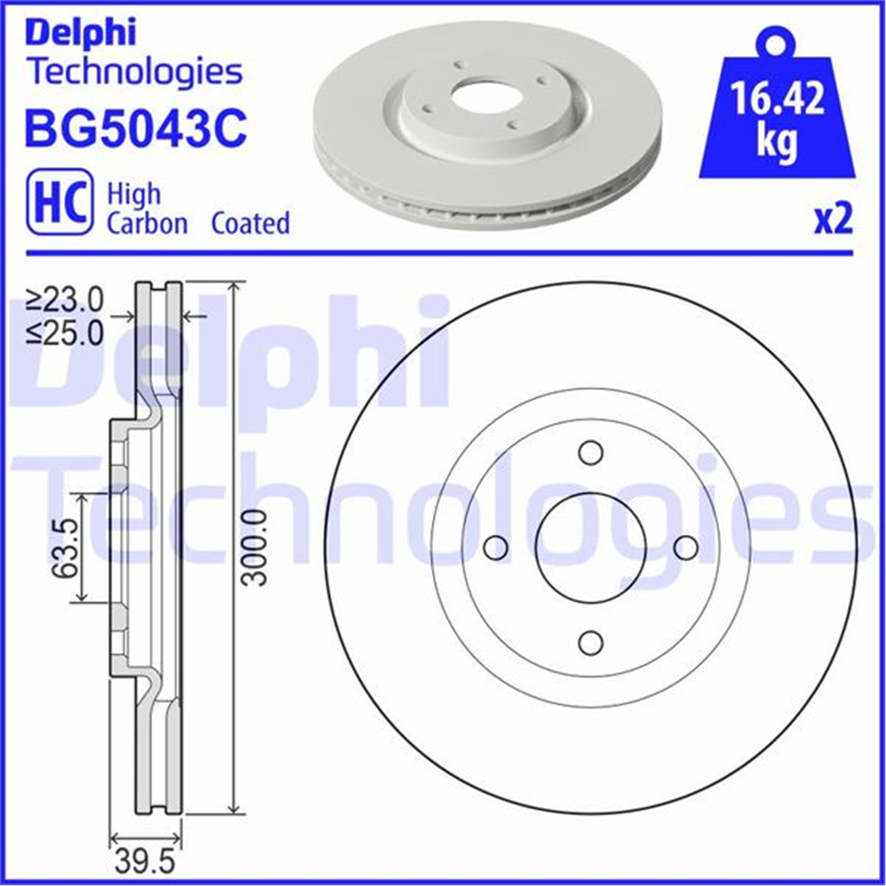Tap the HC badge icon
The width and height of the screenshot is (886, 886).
(x=60, y=202)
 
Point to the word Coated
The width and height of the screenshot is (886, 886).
(x=250, y=223)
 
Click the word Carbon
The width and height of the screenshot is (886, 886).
(x=147, y=223)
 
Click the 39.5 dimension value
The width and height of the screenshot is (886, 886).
(x=145, y=862)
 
